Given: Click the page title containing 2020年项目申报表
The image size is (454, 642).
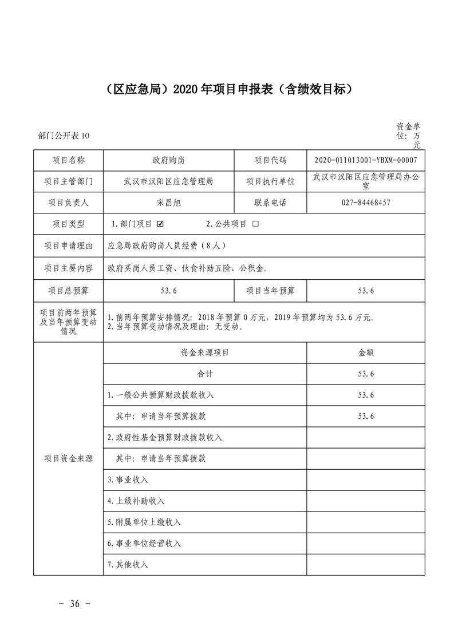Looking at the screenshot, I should pyautogui.click(x=228, y=89).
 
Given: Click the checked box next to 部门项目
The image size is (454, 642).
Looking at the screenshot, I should pyautogui.click(x=160, y=224).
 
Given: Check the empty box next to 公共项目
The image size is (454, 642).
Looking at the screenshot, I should pyautogui.click(x=255, y=224).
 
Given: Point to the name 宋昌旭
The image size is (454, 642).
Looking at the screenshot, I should pyautogui.click(x=168, y=203).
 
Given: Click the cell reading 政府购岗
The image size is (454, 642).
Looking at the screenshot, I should pyautogui.click(x=168, y=160).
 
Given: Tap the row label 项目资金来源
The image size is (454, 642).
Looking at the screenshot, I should pyautogui.click(x=68, y=458).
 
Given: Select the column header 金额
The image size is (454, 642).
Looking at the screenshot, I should pyautogui.click(x=366, y=353).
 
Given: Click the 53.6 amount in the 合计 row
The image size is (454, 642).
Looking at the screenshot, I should pyautogui.click(x=366, y=374).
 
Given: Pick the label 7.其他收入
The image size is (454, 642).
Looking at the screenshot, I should pyautogui.click(x=128, y=564).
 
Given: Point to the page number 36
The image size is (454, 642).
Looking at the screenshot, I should pyautogui.click(x=74, y=604).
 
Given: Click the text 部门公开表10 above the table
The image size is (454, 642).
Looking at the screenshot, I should pyautogui.click(x=64, y=136).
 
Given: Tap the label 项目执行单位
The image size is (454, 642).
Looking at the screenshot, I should pyautogui.click(x=270, y=181).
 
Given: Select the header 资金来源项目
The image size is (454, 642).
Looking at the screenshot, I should pyautogui.click(x=204, y=353).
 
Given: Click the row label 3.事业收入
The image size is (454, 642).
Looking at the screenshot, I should pyautogui.click(x=128, y=479).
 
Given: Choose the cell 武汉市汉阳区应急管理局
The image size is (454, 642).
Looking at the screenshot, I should pyautogui.click(x=168, y=181).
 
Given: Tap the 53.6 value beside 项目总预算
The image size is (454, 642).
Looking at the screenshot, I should pyautogui.click(x=168, y=291).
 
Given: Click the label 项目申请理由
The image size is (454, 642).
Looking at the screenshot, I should pyautogui.click(x=68, y=245).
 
